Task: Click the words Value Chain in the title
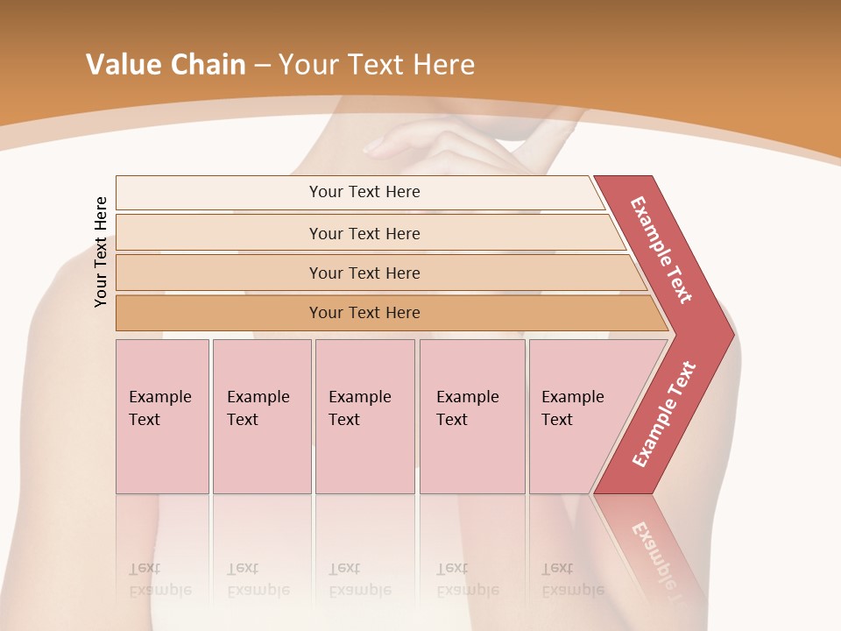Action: point(166,65)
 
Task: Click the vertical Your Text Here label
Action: point(101,252)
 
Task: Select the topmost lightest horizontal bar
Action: point(364,192)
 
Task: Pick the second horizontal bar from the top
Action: point(364,233)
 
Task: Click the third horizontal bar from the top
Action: point(364,273)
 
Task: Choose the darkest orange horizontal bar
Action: point(364,313)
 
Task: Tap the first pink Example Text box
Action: point(162,416)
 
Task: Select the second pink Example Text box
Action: point(261,416)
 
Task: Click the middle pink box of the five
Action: point(364,416)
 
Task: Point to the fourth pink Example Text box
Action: point(471,416)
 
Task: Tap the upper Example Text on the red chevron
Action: point(662,250)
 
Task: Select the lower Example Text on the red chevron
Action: point(664,414)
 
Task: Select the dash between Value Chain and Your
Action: point(262,66)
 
